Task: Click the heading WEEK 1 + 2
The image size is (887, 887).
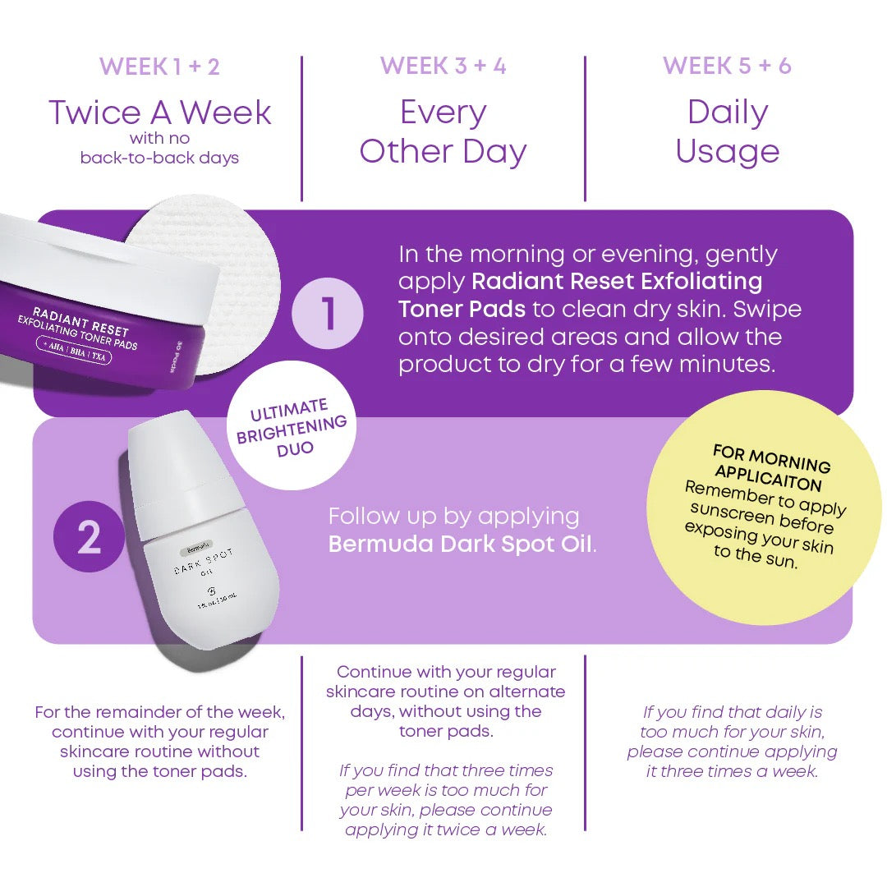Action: (x=159, y=67)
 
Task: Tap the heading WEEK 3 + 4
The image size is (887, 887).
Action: (x=443, y=67)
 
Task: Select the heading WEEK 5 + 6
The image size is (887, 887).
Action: (x=727, y=67)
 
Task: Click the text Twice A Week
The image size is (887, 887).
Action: (x=159, y=113)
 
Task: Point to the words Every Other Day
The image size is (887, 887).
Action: (x=443, y=132)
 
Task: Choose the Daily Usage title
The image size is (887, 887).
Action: (x=727, y=132)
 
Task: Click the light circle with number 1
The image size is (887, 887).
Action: (x=328, y=314)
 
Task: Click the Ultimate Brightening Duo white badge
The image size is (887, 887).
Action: (x=292, y=428)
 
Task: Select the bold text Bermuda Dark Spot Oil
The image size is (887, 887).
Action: (x=460, y=544)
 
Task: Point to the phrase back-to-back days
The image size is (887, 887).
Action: (x=159, y=158)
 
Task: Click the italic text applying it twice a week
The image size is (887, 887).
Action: (x=445, y=830)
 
